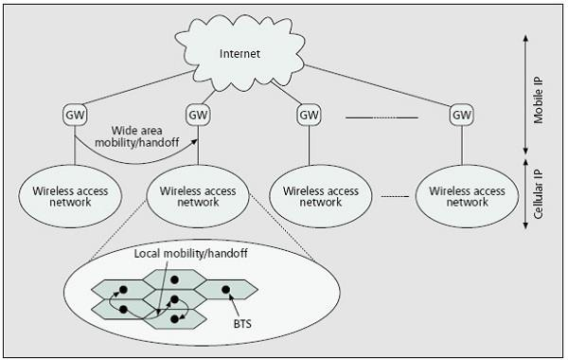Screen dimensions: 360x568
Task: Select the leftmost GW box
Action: tap(75, 115)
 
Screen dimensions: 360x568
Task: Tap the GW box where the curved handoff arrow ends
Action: tap(198, 115)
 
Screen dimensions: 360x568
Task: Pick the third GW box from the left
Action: tap(309, 115)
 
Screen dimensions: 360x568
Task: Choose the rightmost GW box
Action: tap(461, 115)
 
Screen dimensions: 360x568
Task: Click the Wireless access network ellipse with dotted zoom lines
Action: tap(197, 196)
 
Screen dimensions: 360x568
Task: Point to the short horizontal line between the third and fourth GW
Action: tap(381, 117)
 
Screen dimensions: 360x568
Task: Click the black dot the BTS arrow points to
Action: tap(225, 288)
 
